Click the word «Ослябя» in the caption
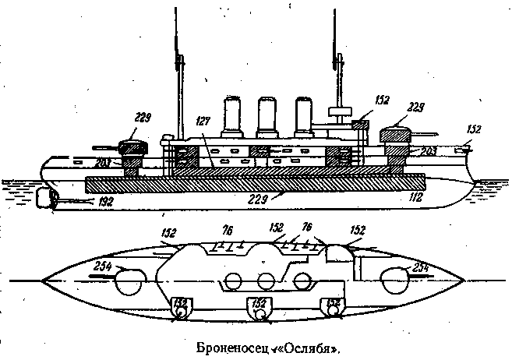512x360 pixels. pos(316,347)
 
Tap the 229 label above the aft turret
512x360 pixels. pos(142,118)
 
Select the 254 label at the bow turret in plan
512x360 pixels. pos(422,269)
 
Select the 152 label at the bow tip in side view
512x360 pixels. pos(474,129)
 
